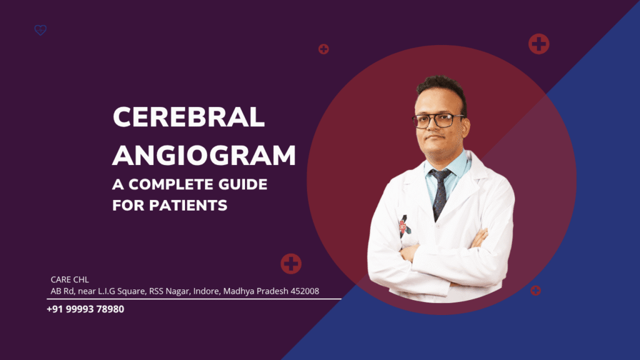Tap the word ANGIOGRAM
click(x=204, y=155)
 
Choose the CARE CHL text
click(x=69, y=280)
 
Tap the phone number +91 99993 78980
click(x=85, y=309)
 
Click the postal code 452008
click(x=304, y=291)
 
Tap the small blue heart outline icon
click(x=41, y=29)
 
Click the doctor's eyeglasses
click(x=438, y=119)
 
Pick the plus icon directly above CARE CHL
click(x=291, y=264)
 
